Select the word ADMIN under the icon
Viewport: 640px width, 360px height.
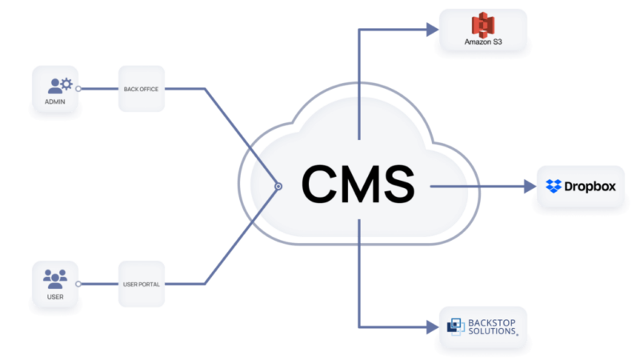[x=56, y=103]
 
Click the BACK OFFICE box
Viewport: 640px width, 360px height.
[x=142, y=89]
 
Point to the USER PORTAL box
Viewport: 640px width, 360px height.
[x=142, y=283]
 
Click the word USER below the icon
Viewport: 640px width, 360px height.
[x=56, y=298]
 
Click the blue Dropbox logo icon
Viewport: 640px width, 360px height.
[x=554, y=186]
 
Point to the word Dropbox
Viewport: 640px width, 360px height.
[x=590, y=186]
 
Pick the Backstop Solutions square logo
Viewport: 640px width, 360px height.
[x=455, y=326]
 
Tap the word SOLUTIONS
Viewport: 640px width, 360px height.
[x=492, y=331]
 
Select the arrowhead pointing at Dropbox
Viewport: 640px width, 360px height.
[x=529, y=186]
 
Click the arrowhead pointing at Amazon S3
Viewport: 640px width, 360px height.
[x=433, y=30]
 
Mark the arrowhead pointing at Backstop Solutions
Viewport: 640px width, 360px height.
[x=433, y=327]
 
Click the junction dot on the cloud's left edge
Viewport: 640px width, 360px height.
[x=278, y=186]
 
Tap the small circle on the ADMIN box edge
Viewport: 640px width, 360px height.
[x=79, y=89]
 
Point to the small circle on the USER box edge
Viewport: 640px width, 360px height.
[x=78, y=283]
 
